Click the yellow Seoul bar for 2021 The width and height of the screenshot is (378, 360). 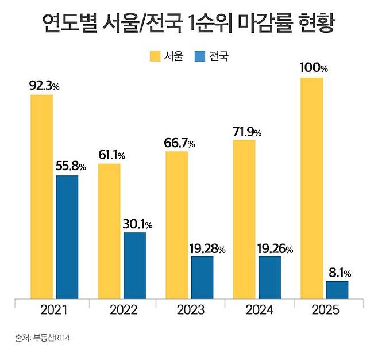(41, 197)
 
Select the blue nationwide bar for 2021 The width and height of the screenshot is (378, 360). (67, 237)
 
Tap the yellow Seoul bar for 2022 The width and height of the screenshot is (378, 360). (109, 231)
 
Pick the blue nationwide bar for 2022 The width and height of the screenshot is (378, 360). (134, 265)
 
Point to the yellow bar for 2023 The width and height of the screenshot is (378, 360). (176, 225)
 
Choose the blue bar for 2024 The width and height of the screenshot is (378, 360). (269, 277)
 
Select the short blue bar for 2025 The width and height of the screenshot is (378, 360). (337, 290)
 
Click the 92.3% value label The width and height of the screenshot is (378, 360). (44, 86)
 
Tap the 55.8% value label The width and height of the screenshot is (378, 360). (71, 167)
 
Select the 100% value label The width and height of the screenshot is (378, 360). (314, 68)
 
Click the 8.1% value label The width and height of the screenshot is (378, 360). (339, 273)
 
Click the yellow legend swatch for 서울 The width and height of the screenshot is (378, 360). (155, 56)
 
